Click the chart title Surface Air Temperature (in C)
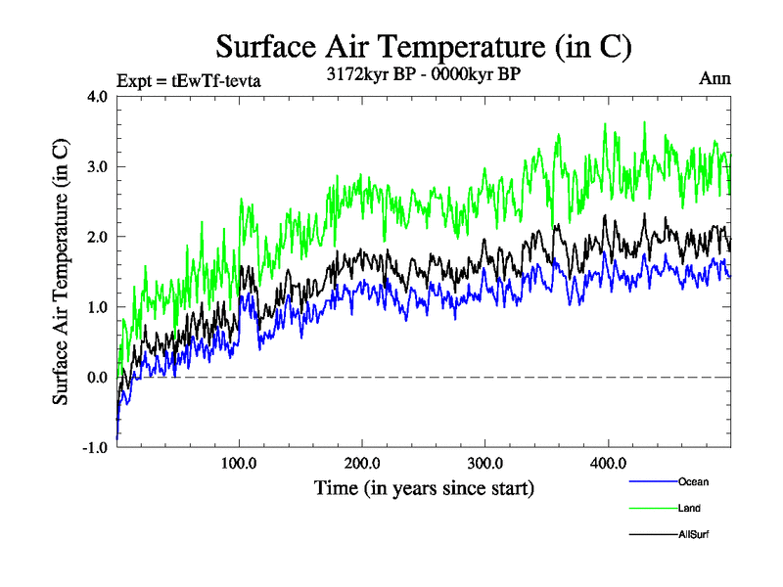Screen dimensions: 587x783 click(423, 46)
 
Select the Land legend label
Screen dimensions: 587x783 click(689, 508)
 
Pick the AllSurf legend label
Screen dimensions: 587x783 click(693, 534)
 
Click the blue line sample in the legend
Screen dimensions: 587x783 click(652, 481)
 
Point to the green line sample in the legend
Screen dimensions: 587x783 click(652, 508)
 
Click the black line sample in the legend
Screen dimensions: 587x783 click(652, 534)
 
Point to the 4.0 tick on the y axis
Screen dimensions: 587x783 click(97, 96)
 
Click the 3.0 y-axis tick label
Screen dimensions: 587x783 click(97, 166)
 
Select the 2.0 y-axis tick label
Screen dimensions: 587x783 click(97, 237)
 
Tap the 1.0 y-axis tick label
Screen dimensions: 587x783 click(97, 307)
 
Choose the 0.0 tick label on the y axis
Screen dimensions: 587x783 click(97, 378)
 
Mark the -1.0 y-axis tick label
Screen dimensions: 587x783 click(94, 448)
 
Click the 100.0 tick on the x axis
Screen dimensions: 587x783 click(240, 463)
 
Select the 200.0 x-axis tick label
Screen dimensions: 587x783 click(363, 463)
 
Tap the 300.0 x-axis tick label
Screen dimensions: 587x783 click(485, 463)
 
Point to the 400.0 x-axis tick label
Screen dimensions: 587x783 click(609, 463)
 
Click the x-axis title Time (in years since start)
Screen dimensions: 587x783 click(424, 487)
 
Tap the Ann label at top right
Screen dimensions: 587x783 click(714, 78)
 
